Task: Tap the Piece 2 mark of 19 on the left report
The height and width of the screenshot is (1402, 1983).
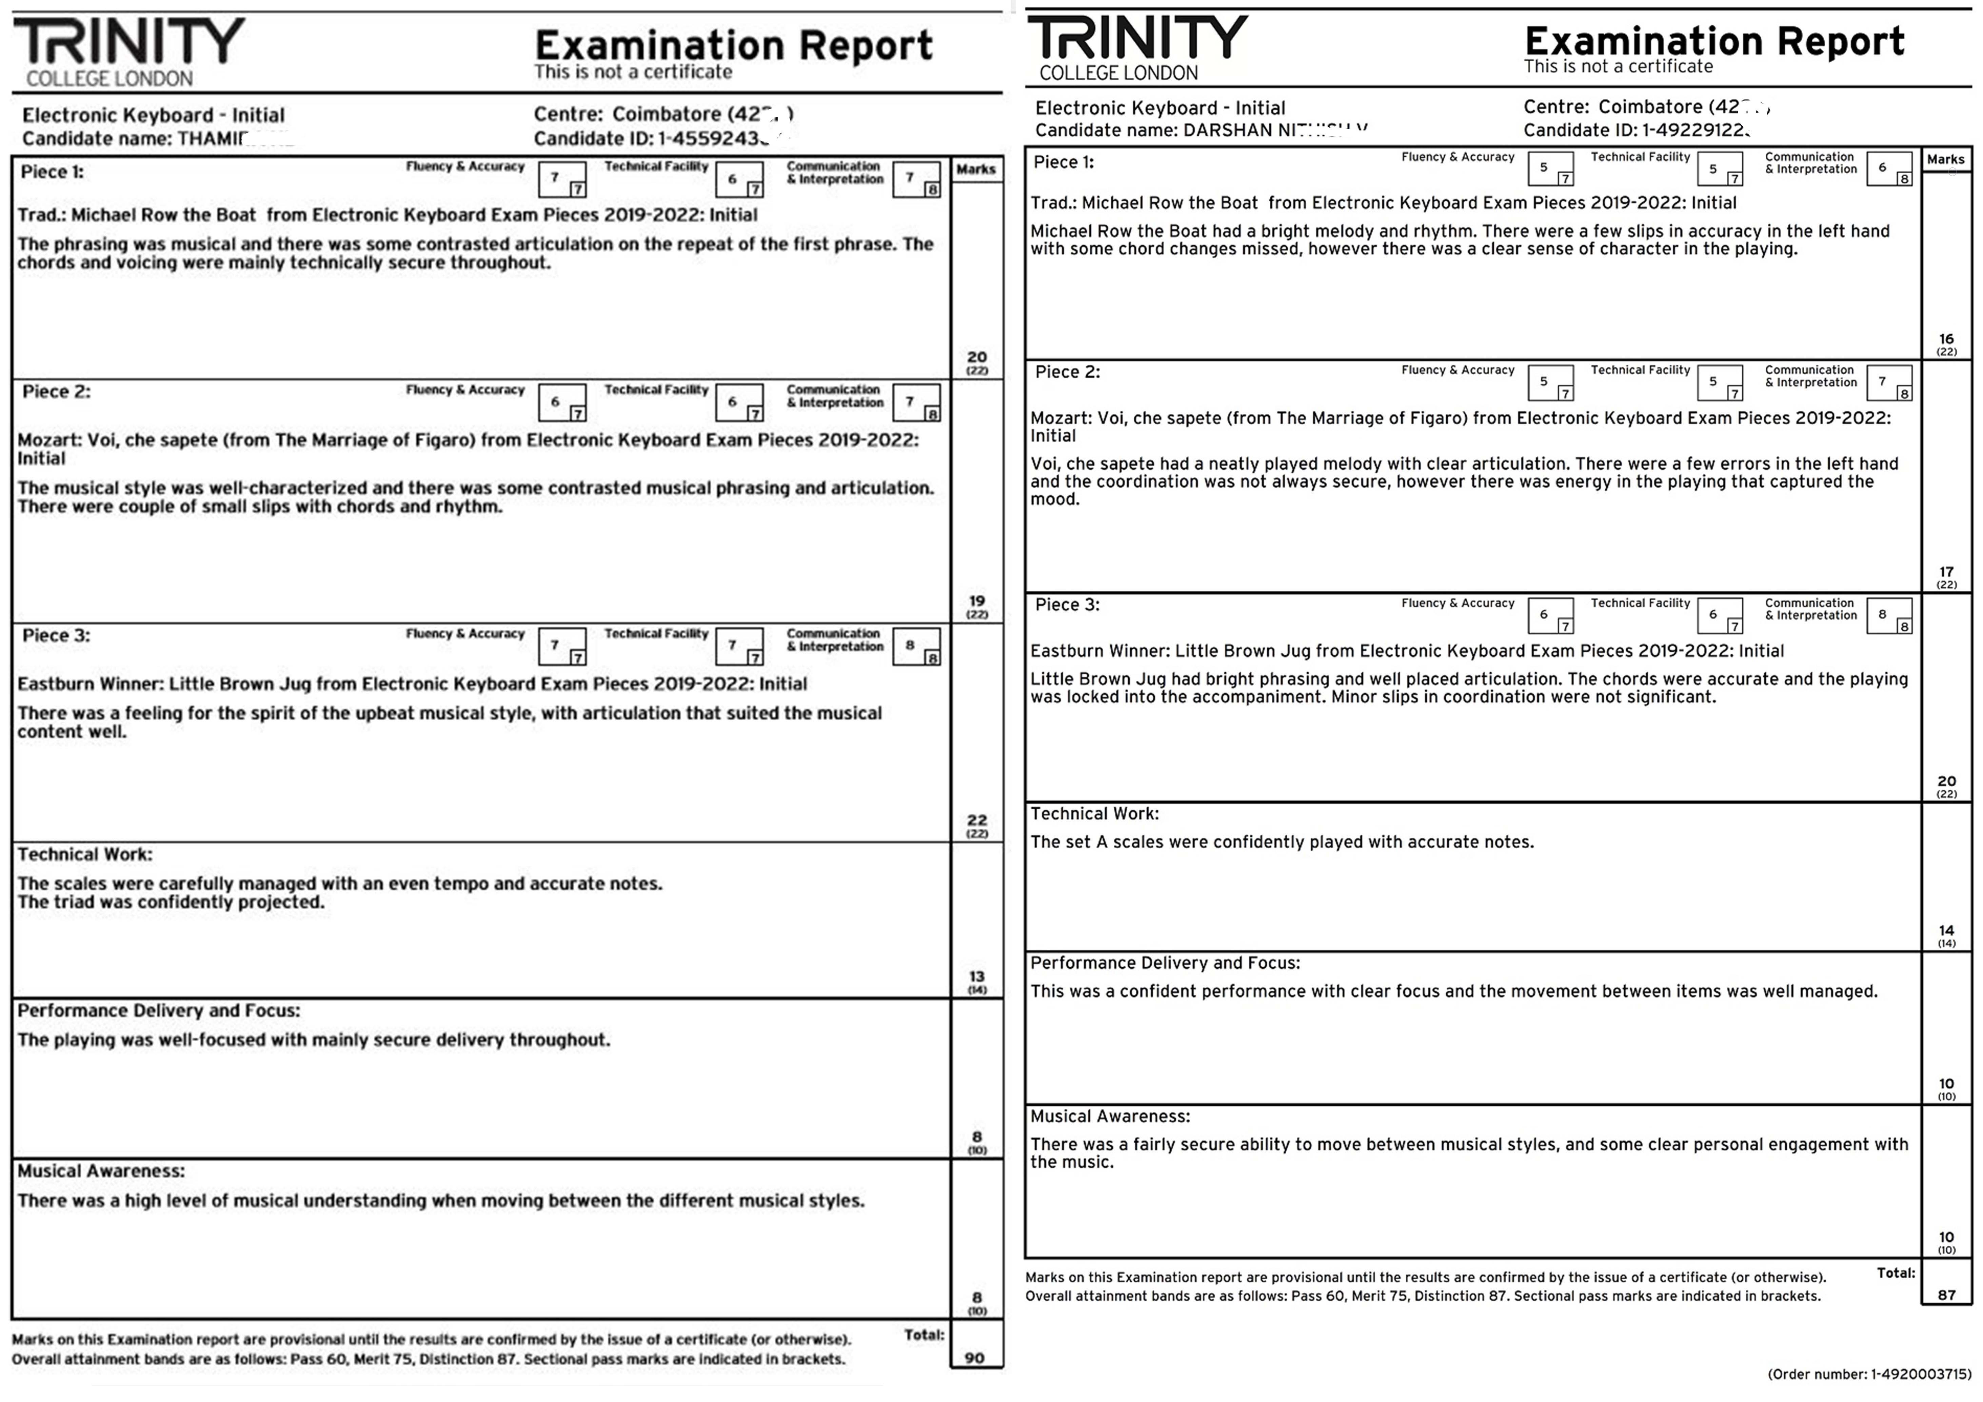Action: tap(977, 600)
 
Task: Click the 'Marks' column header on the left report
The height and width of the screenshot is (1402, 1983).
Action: tap(976, 169)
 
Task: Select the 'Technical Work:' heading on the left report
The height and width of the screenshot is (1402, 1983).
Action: tap(85, 854)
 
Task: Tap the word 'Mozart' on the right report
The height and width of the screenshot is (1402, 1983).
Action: tap(1060, 418)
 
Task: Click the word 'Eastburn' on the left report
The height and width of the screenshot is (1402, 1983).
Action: tap(55, 684)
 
